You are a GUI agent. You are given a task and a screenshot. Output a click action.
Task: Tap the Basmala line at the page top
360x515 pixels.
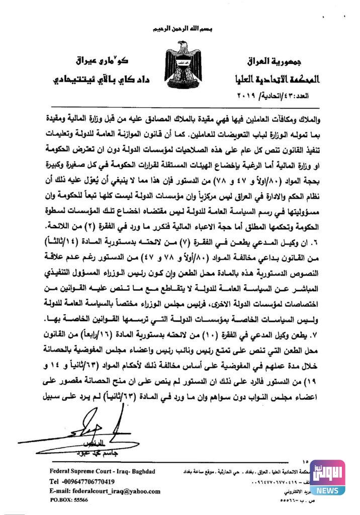click(x=179, y=29)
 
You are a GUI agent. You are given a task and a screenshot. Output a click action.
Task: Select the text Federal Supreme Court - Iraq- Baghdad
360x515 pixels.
click(x=103, y=471)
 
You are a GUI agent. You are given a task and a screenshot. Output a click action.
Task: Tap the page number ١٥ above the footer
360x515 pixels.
click(x=308, y=462)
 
